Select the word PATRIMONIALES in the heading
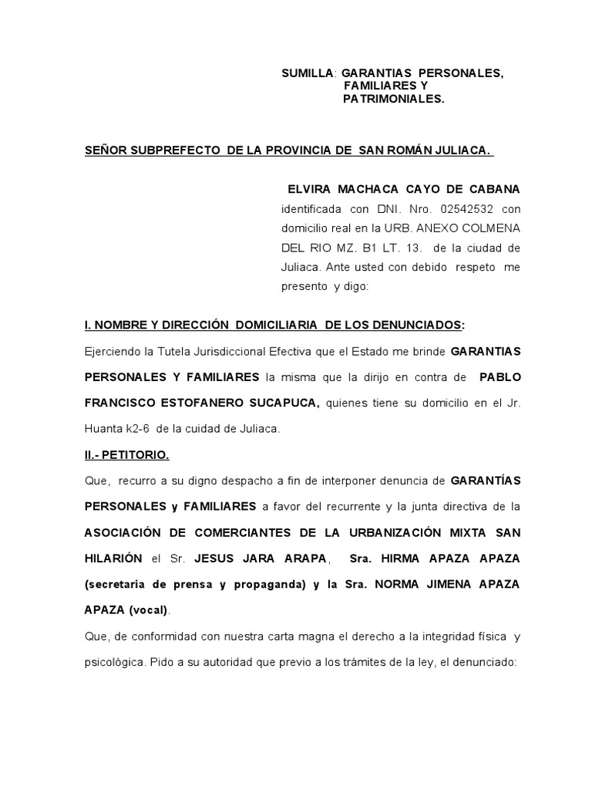pyautogui.click(x=393, y=99)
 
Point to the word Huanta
pyautogui.click(x=103, y=428)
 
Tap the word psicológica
pyautogui.click(x=114, y=662)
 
